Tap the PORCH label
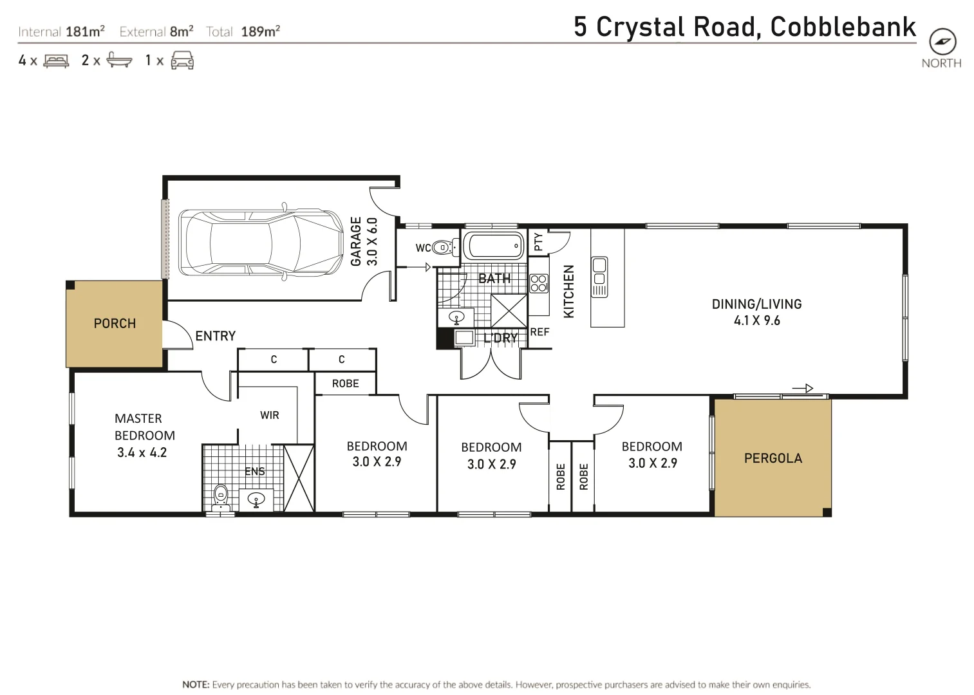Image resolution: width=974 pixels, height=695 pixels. coord(115,324)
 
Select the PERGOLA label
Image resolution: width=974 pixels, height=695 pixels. coord(773,458)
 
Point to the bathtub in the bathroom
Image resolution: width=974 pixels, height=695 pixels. coord(494,246)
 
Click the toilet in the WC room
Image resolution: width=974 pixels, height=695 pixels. coord(443,247)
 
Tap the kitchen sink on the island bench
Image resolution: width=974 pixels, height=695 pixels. coord(599,277)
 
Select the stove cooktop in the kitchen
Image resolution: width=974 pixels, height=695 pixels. coord(539,283)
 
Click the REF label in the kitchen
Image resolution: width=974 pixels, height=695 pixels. coord(539,332)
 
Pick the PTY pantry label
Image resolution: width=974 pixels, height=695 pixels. coord(538,242)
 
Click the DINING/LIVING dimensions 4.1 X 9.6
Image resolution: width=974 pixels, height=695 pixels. coord(756,320)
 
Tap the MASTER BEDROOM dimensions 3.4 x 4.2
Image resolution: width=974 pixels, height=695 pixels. coord(142,452)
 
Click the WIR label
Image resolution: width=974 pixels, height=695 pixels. coord(270,415)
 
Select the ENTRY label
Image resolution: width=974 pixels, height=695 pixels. coord(215,336)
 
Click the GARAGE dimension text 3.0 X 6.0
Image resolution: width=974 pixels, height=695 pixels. coord(372,241)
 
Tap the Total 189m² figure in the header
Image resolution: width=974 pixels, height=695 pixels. coord(259,32)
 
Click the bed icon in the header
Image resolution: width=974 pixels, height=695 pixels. coord(56,60)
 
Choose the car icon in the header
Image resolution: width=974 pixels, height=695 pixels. coord(182,60)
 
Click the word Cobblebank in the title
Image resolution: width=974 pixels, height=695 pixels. coord(843,27)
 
